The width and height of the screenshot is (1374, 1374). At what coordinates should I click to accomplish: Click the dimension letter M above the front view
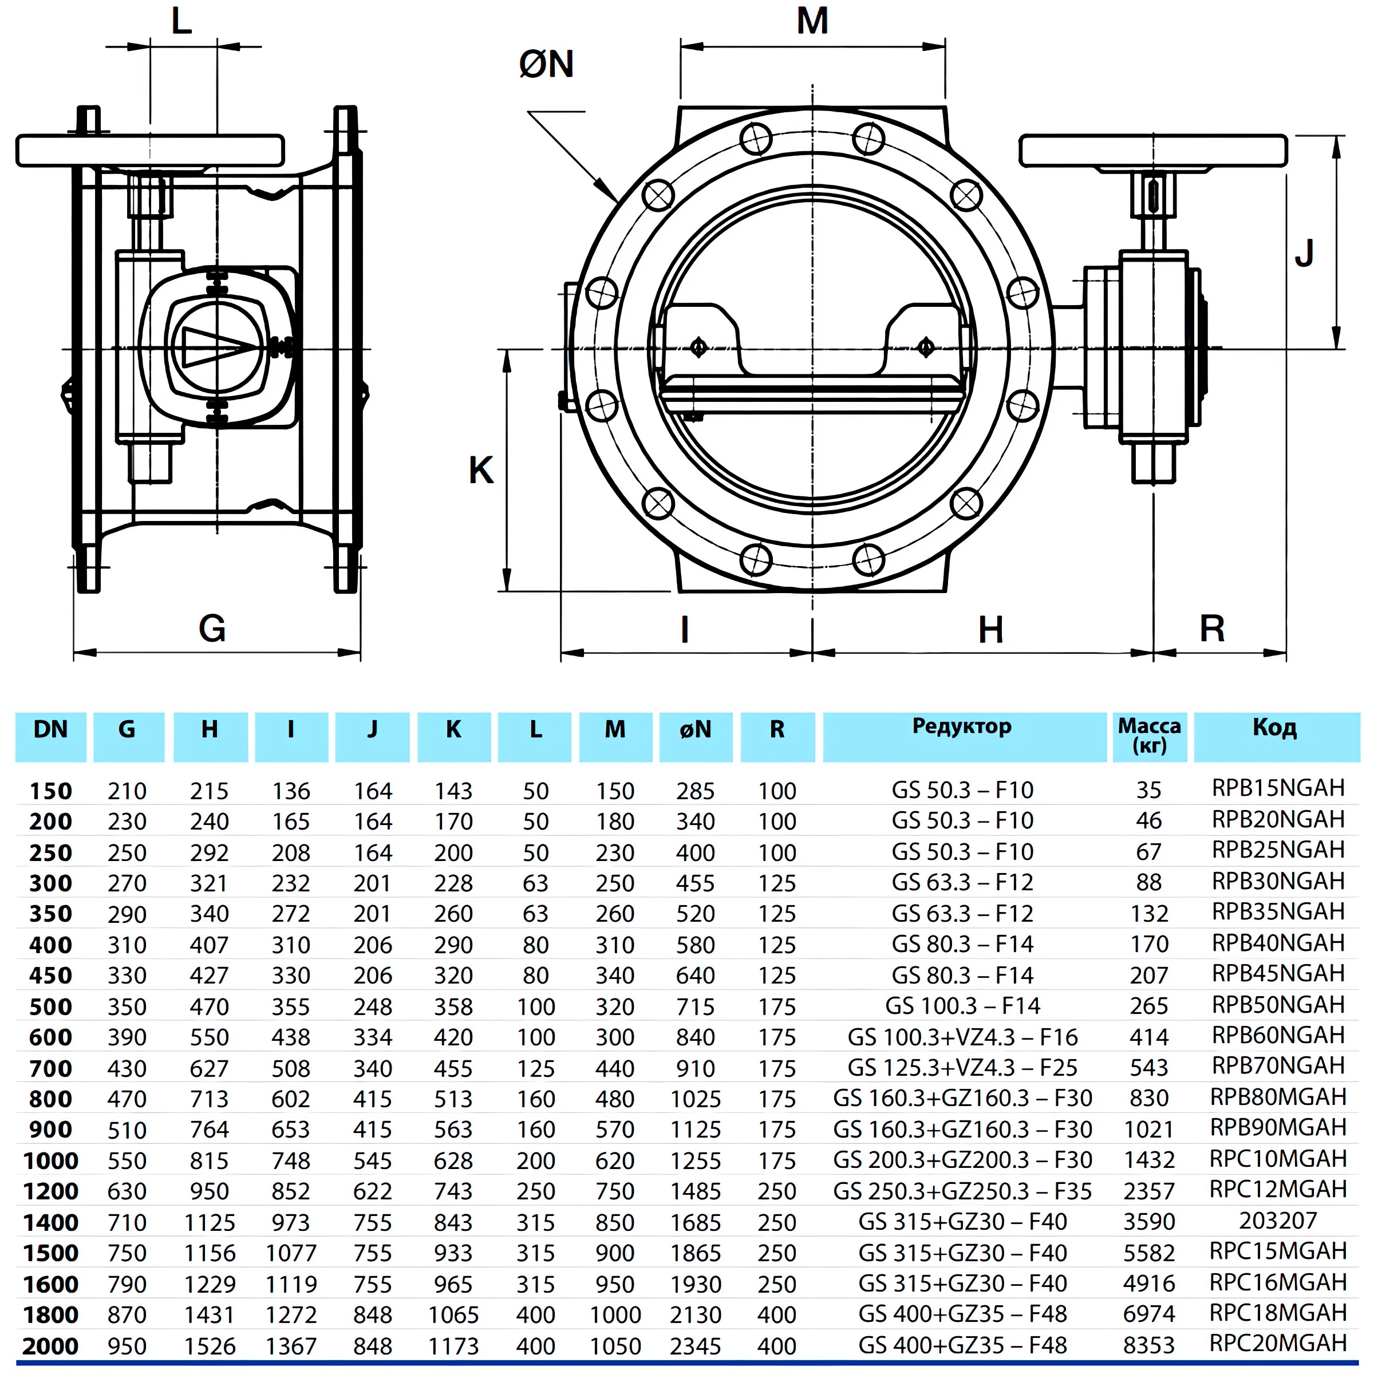[x=812, y=21]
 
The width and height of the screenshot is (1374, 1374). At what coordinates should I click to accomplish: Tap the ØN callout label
[x=546, y=65]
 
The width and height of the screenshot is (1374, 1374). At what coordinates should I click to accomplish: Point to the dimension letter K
[x=481, y=470]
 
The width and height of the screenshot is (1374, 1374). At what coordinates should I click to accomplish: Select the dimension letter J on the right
[x=1304, y=253]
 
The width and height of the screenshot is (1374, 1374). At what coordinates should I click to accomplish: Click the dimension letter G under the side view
[x=212, y=629]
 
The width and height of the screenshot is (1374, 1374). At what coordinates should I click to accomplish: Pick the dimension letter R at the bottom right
[x=1212, y=629]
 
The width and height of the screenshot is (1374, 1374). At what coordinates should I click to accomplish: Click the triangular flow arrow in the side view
[x=214, y=346]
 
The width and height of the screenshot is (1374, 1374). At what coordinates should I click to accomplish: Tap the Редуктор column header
[x=962, y=728]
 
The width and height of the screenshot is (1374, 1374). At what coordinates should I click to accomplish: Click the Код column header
[x=1274, y=728]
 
